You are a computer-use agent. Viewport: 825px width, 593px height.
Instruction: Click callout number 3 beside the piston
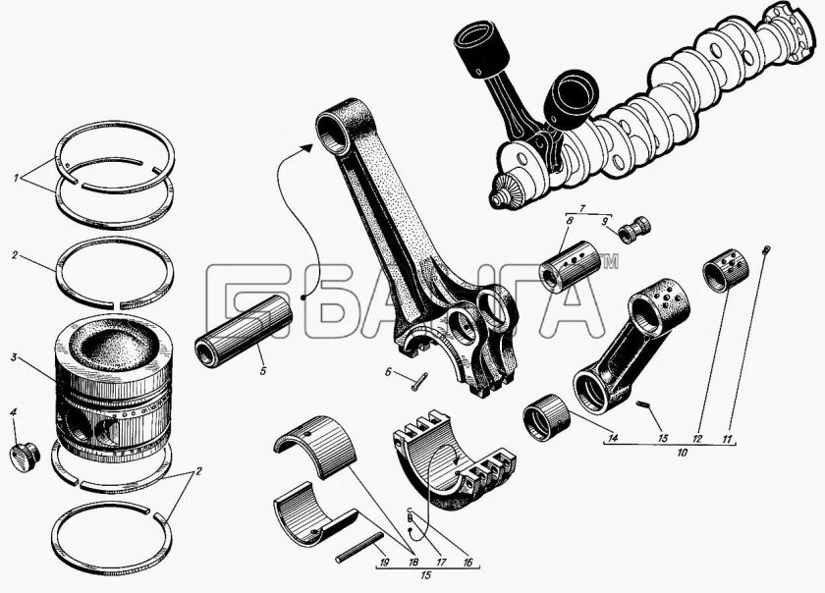click(x=14, y=357)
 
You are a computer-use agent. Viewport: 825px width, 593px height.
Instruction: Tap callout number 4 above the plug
click(x=14, y=412)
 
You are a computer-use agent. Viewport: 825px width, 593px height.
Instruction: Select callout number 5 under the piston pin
click(x=262, y=371)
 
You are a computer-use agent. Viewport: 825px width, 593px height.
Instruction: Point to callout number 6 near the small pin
click(x=388, y=372)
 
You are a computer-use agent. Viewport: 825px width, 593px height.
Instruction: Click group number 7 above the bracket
click(x=581, y=209)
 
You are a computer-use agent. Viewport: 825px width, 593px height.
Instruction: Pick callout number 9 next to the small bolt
click(x=605, y=222)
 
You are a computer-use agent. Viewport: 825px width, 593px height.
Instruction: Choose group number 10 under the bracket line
click(x=682, y=452)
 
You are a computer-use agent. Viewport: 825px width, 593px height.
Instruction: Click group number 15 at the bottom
click(x=426, y=575)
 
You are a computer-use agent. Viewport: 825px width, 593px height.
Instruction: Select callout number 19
click(x=384, y=563)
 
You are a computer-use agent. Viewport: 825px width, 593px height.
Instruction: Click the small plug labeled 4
click(x=25, y=457)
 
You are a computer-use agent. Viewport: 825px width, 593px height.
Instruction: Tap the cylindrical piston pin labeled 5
click(x=244, y=331)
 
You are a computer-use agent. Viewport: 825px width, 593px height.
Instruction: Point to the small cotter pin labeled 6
click(x=419, y=382)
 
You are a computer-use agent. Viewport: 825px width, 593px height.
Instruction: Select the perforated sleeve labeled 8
click(x=571, y=266)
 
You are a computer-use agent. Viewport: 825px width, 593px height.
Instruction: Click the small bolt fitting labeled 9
click(x=634, y=230)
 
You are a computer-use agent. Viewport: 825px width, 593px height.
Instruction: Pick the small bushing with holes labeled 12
click(x=726, y=269)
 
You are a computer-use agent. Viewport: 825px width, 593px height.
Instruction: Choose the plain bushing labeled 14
click(x=547, y=416)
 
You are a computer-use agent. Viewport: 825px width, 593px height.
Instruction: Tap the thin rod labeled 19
click(x=358, y=548)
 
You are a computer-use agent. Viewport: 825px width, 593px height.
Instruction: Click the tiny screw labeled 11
click(x=766, y=249)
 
